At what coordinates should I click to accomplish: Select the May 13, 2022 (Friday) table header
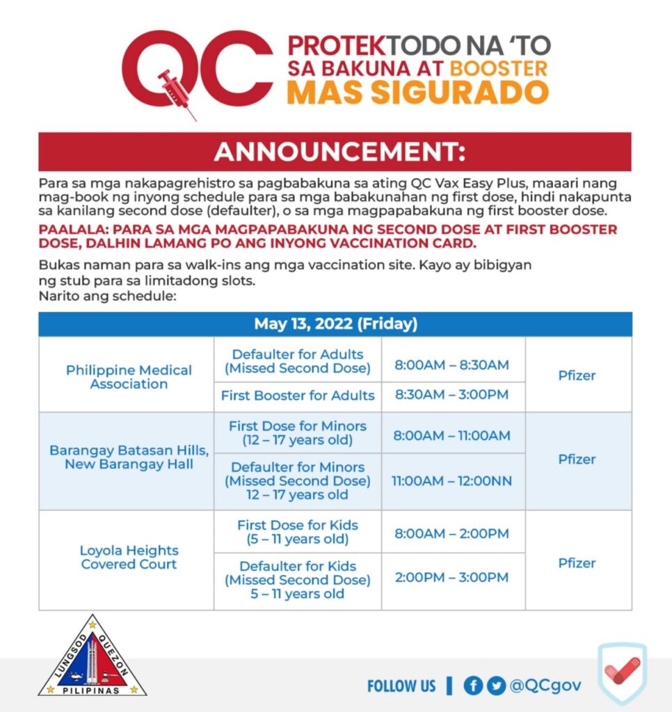click(335, 324)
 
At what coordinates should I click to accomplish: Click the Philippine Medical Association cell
click(129, 376)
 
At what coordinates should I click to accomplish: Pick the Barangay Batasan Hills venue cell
click(129, 457)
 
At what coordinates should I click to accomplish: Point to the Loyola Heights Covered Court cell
click(129, 557)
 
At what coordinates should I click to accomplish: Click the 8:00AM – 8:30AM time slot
click(451, 364)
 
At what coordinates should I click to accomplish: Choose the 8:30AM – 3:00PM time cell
click(451, 395)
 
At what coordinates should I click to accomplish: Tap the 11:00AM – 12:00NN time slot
click(451, 480)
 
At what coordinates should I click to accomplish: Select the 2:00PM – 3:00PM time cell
click(451, 577)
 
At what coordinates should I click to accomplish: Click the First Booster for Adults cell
click(298, 396)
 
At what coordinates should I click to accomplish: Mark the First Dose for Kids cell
click(298, 532)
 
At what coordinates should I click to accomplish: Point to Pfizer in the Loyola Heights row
click(577, 563)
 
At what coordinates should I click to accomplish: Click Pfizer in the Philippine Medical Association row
click(577, 375)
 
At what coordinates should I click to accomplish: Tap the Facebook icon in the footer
click(473, 686)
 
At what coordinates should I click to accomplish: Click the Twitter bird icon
click(496, 686)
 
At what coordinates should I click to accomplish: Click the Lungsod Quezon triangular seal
click(93, 657)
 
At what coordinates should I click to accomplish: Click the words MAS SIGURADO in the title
click(417, 92)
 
